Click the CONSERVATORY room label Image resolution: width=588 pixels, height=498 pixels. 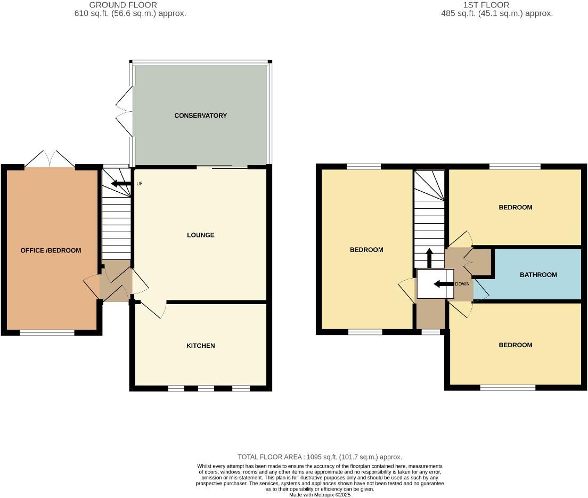point(201,116)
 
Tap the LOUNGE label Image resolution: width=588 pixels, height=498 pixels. point(201,235)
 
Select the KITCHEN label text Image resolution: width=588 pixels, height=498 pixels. point(201,346)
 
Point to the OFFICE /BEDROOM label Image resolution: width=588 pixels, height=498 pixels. point(51,250)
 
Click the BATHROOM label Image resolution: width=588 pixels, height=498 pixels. point(538,275)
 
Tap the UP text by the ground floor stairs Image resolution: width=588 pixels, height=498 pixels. point(140,184)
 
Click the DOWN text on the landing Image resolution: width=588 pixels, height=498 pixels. point(462,284)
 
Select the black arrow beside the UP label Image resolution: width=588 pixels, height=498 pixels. point(120,184)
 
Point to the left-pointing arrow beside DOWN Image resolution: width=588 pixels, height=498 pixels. point(443,284)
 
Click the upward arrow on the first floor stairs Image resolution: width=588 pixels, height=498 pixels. point(430,258)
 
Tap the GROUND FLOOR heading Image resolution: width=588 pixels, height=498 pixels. point(123,5)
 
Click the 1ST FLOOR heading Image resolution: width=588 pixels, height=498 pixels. point(486,5)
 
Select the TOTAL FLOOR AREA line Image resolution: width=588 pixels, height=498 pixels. point(320,457)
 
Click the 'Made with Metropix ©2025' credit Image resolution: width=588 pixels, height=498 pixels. point(320,495)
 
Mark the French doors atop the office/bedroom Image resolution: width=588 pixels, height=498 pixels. point(50,159)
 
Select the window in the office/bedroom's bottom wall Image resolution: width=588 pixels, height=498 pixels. point(47,333)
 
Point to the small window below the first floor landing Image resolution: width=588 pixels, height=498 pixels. point(430,332)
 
